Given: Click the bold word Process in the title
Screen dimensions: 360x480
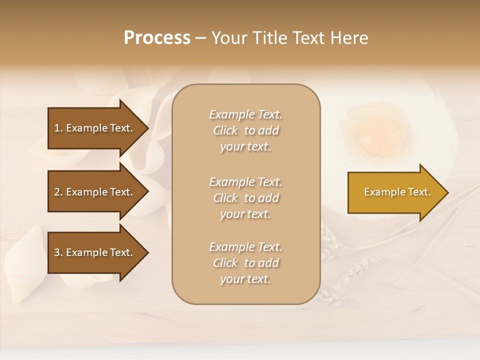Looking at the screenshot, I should (x=157, y=38).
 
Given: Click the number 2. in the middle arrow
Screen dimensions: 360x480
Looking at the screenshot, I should (x=58, y=192).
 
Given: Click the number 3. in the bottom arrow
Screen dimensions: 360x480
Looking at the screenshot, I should (x=58, y=252).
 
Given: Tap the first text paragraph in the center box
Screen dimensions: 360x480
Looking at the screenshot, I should (x=245, y=130).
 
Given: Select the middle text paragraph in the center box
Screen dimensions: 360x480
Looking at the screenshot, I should (x=245, y=198).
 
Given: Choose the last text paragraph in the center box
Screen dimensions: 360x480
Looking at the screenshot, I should (x=245, y=263).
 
